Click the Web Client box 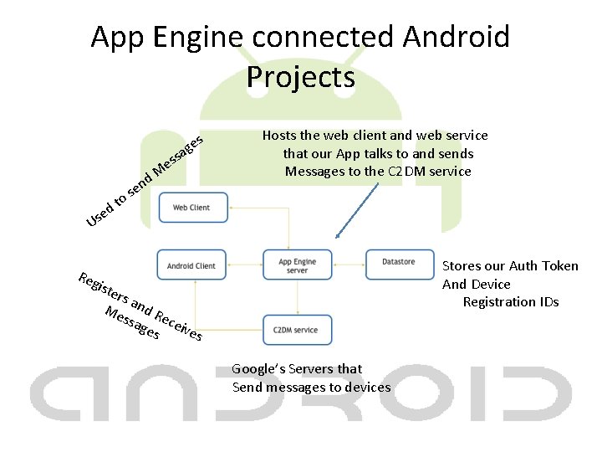[191, 208]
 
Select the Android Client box [191, 265]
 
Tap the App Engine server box [298, 265]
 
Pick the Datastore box [398, 262]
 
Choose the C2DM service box [296, 330]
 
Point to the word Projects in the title [301, 77]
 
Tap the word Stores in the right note [462, 266]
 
